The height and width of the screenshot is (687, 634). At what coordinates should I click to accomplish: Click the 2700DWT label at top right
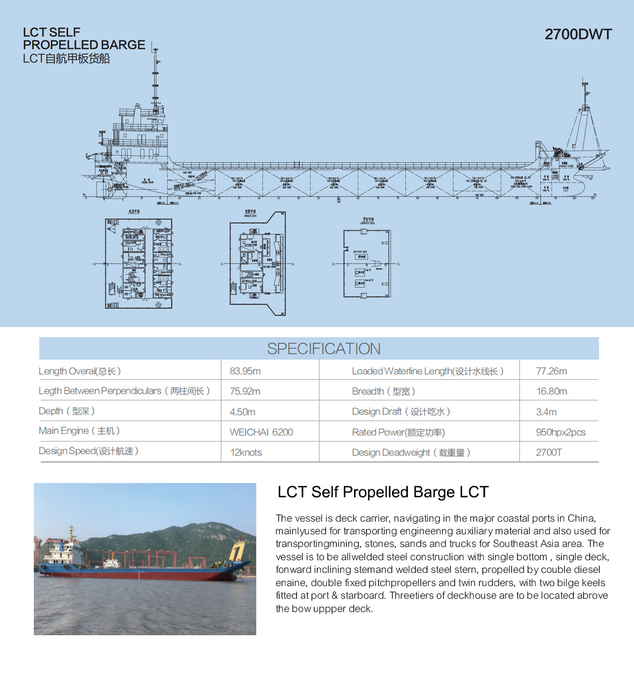point(578,34)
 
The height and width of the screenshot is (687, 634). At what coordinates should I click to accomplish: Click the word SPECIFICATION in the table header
point(323,349)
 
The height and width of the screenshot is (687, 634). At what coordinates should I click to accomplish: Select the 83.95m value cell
point(245,371)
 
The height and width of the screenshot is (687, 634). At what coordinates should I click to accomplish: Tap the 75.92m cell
point(245,391)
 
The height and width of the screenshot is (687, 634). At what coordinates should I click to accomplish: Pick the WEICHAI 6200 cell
point(261,432)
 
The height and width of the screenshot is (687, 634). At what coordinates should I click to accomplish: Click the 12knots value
point(246,452)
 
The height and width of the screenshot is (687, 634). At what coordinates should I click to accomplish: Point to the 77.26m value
point(551,371)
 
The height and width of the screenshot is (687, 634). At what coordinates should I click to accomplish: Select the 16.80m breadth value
point(552,391)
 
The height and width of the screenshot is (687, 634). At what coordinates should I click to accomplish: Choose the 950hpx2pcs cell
point(561,432)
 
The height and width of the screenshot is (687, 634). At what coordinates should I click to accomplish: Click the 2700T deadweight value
point(549,452)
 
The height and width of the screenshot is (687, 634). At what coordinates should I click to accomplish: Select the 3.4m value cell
point(546,412)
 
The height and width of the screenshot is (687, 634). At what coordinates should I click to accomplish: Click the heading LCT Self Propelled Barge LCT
point(383,492)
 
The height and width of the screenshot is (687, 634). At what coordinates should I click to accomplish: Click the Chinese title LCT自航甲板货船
point(66,59)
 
